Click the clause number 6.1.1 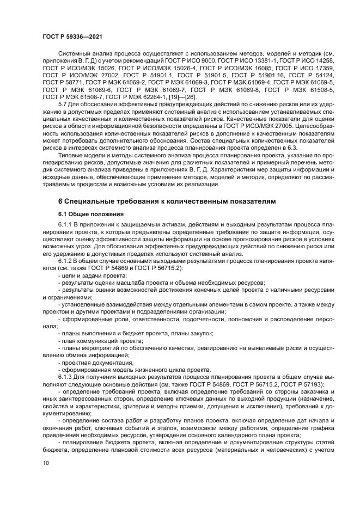[66, 224]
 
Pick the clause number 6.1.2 [66, 261]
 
